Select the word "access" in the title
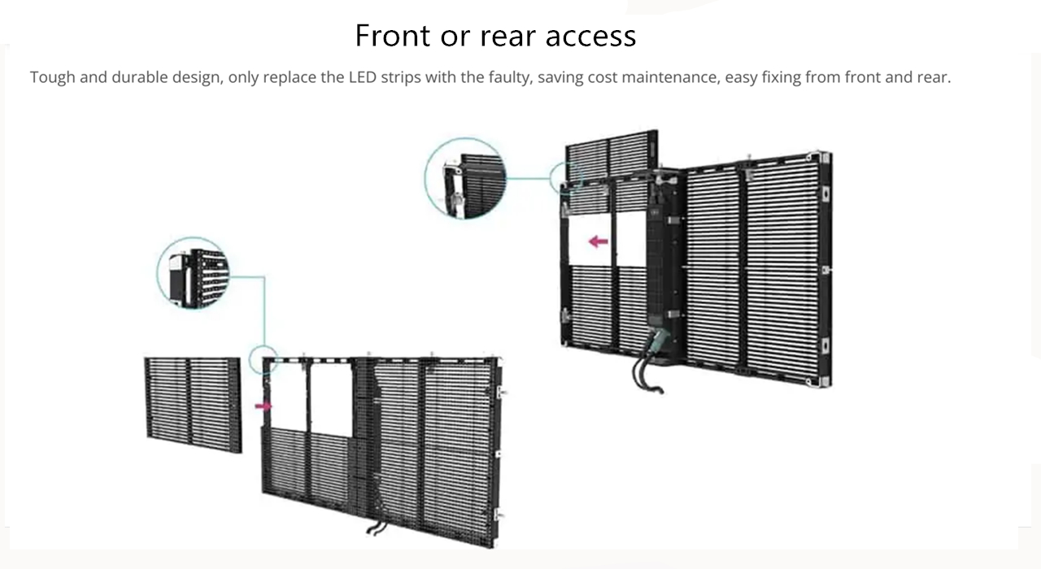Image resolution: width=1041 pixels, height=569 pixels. pos(590,36)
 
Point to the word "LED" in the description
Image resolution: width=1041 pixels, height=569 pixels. pos(362,78)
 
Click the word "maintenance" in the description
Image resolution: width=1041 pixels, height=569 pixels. pos(671,78)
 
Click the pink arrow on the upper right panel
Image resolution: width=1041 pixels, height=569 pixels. pos(599,241)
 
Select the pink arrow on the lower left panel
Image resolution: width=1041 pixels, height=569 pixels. pos(264,406)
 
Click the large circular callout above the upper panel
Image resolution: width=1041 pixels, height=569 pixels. pos(465,178)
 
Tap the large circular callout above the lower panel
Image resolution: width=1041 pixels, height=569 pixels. pos(192,273)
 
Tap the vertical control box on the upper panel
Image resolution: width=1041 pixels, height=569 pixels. pos(664,268)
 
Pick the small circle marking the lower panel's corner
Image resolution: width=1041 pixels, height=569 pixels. pos(264,358)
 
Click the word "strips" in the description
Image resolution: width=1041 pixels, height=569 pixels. pos(399,78)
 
